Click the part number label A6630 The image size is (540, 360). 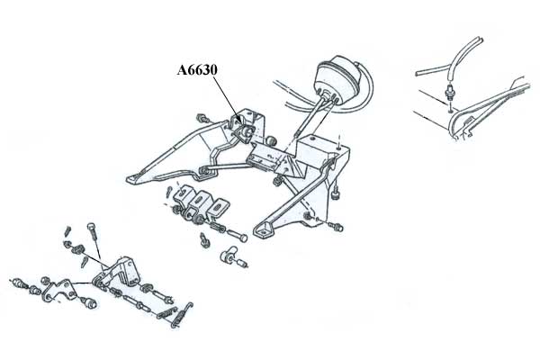tap(197, 70)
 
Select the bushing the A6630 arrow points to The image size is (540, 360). tap(247, 131)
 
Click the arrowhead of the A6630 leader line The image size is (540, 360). tap(239, 122)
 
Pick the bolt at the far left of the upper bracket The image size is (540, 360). tap(202, 118)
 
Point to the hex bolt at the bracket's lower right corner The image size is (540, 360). tap(335, 226)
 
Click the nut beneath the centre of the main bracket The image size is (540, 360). tap(276, 181)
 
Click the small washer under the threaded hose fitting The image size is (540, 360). tap(451, 111)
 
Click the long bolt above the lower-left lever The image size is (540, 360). tap(95, 238)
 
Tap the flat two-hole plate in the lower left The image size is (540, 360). tap(59, 290)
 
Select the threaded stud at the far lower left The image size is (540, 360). tap(19, 283)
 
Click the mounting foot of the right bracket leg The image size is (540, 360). tap(263, 229)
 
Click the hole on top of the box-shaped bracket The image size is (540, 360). tap(311, 138)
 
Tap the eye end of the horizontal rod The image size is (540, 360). tap(204, 169)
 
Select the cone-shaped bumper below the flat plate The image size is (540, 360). tap(89, 302)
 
